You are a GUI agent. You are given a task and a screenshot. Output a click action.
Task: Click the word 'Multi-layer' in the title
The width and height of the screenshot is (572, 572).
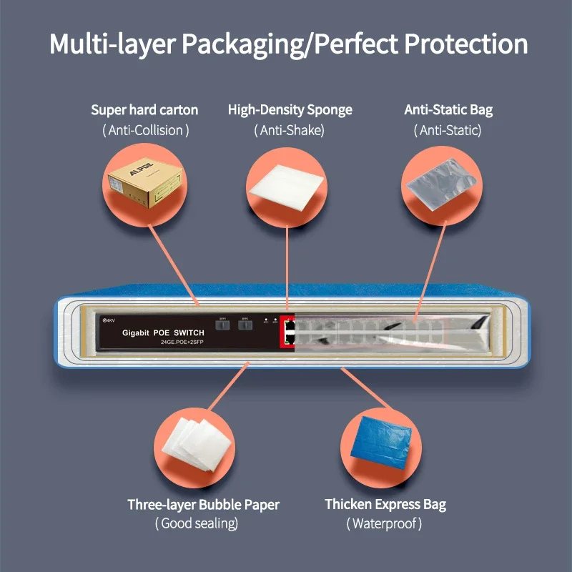[112, 44]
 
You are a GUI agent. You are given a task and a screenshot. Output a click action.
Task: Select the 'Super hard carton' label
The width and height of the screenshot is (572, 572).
[144, 110]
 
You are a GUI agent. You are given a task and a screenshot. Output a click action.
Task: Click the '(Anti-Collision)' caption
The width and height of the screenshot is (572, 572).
[145, 130]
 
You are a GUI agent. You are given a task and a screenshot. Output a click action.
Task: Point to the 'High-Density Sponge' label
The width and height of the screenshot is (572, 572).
[290, 110]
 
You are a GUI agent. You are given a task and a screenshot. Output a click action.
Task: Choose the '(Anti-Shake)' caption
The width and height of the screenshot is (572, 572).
[289, 130]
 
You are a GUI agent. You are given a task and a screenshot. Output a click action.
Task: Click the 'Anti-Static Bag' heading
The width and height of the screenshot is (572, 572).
[448, 110]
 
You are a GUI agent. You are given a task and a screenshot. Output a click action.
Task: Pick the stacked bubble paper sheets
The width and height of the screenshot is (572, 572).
[194, 444]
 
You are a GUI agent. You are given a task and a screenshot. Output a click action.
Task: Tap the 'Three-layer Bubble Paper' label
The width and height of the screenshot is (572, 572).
[203, 505]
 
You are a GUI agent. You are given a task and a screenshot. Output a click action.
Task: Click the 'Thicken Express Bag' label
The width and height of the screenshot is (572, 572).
[385, 505]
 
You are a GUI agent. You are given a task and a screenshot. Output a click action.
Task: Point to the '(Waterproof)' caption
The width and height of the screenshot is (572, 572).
[385, 524]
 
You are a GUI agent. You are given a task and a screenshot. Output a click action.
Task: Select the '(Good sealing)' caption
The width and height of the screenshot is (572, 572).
[197, 524]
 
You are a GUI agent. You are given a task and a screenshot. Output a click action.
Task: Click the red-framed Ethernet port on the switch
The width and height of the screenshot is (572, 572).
[287, 332]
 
